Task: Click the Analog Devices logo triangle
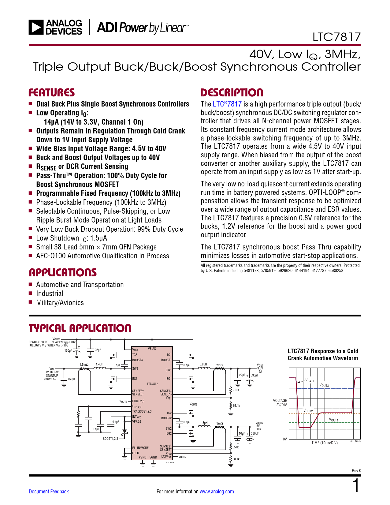point(36,27)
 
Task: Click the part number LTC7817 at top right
point(336,37)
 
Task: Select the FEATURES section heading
point(51,93)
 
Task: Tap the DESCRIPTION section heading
point(232,93)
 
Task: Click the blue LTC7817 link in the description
point(227,104)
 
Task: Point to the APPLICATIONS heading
point(63,272)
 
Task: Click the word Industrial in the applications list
point(50,294)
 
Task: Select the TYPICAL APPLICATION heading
point(80,328)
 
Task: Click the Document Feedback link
point(49,492)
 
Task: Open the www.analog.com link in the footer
point(217,492)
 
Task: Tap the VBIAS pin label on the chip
point(152,349)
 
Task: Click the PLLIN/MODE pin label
point(140,448)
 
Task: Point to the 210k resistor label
point(236,390)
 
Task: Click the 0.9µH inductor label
point(203,365)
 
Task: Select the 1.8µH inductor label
point(204,423)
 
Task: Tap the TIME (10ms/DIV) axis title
point(324,443)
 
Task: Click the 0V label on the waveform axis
point(285,439)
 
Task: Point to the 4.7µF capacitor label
point(116,422)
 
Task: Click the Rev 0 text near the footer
point(356,471)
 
